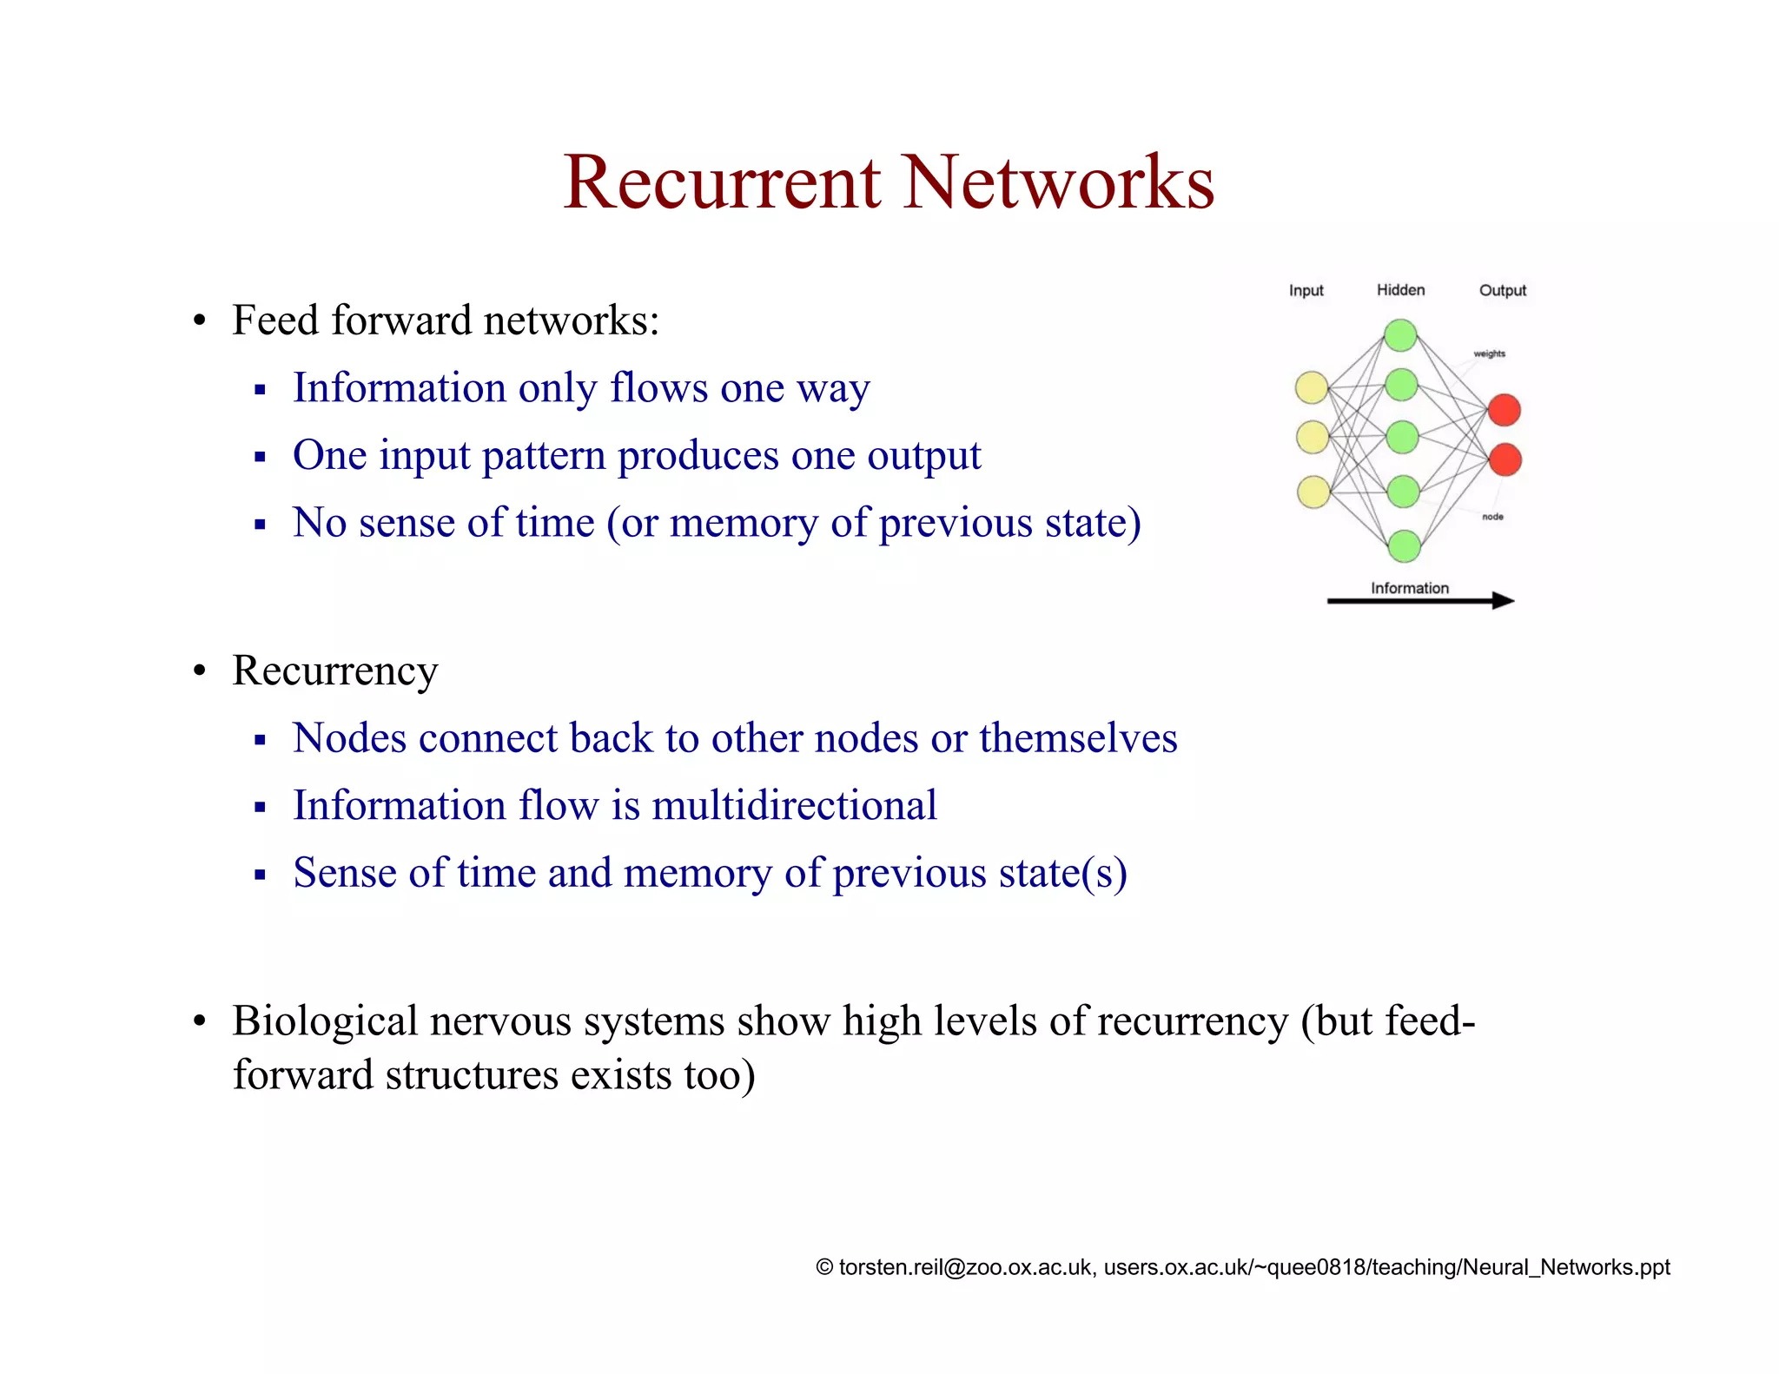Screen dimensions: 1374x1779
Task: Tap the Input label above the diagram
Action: pyautogui.click(x=1306, y=290)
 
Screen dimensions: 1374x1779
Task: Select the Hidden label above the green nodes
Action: pyautogui.click(x=1400, y=290)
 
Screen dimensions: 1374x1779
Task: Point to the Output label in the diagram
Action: pyautogui.click(x=1502, y=290)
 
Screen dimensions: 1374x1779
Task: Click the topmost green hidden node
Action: pyautogui.click(x=1400, y=335)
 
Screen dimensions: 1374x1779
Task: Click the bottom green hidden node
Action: pyautogui.click(x=1404, y=546)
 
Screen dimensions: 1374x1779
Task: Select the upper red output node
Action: pyautogui.click(x=1504, y=410)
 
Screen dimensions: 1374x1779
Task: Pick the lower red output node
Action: pyautogui.click(x=1505, y=459)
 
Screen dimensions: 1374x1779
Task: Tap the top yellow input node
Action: pyautogui.click(x=1312, y=387)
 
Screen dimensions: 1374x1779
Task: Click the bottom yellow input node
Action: pyautogui.click(x=1313, y=492)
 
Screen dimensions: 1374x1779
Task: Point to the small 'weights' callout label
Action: pyautogui.click(x=1489, y=353)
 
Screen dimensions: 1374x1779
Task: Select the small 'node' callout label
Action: pyautogui.click(x=1492, y=517)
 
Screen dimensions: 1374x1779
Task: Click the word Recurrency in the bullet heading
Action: pyautogui.click(x=334, y=671)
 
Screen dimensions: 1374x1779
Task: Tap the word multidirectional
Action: pyautogui.click(x=794, y=805)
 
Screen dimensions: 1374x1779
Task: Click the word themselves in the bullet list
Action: pyautogui.click(x=1078, y=738)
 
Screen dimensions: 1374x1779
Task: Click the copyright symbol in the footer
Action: pyautogui.click(x=824, y=1267)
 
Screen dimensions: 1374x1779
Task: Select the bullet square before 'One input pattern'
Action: pyautogui.click(x=260, y=457)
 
